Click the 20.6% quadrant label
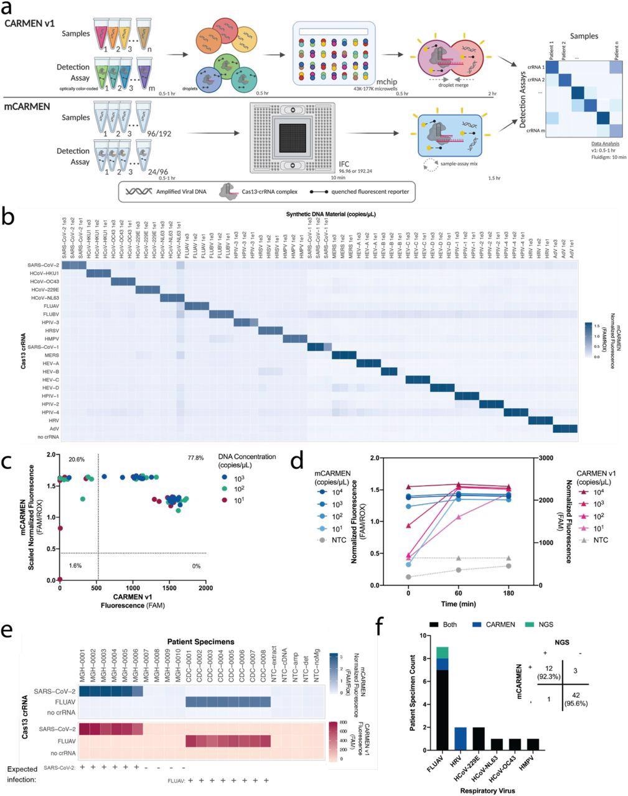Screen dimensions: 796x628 point(77,458)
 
